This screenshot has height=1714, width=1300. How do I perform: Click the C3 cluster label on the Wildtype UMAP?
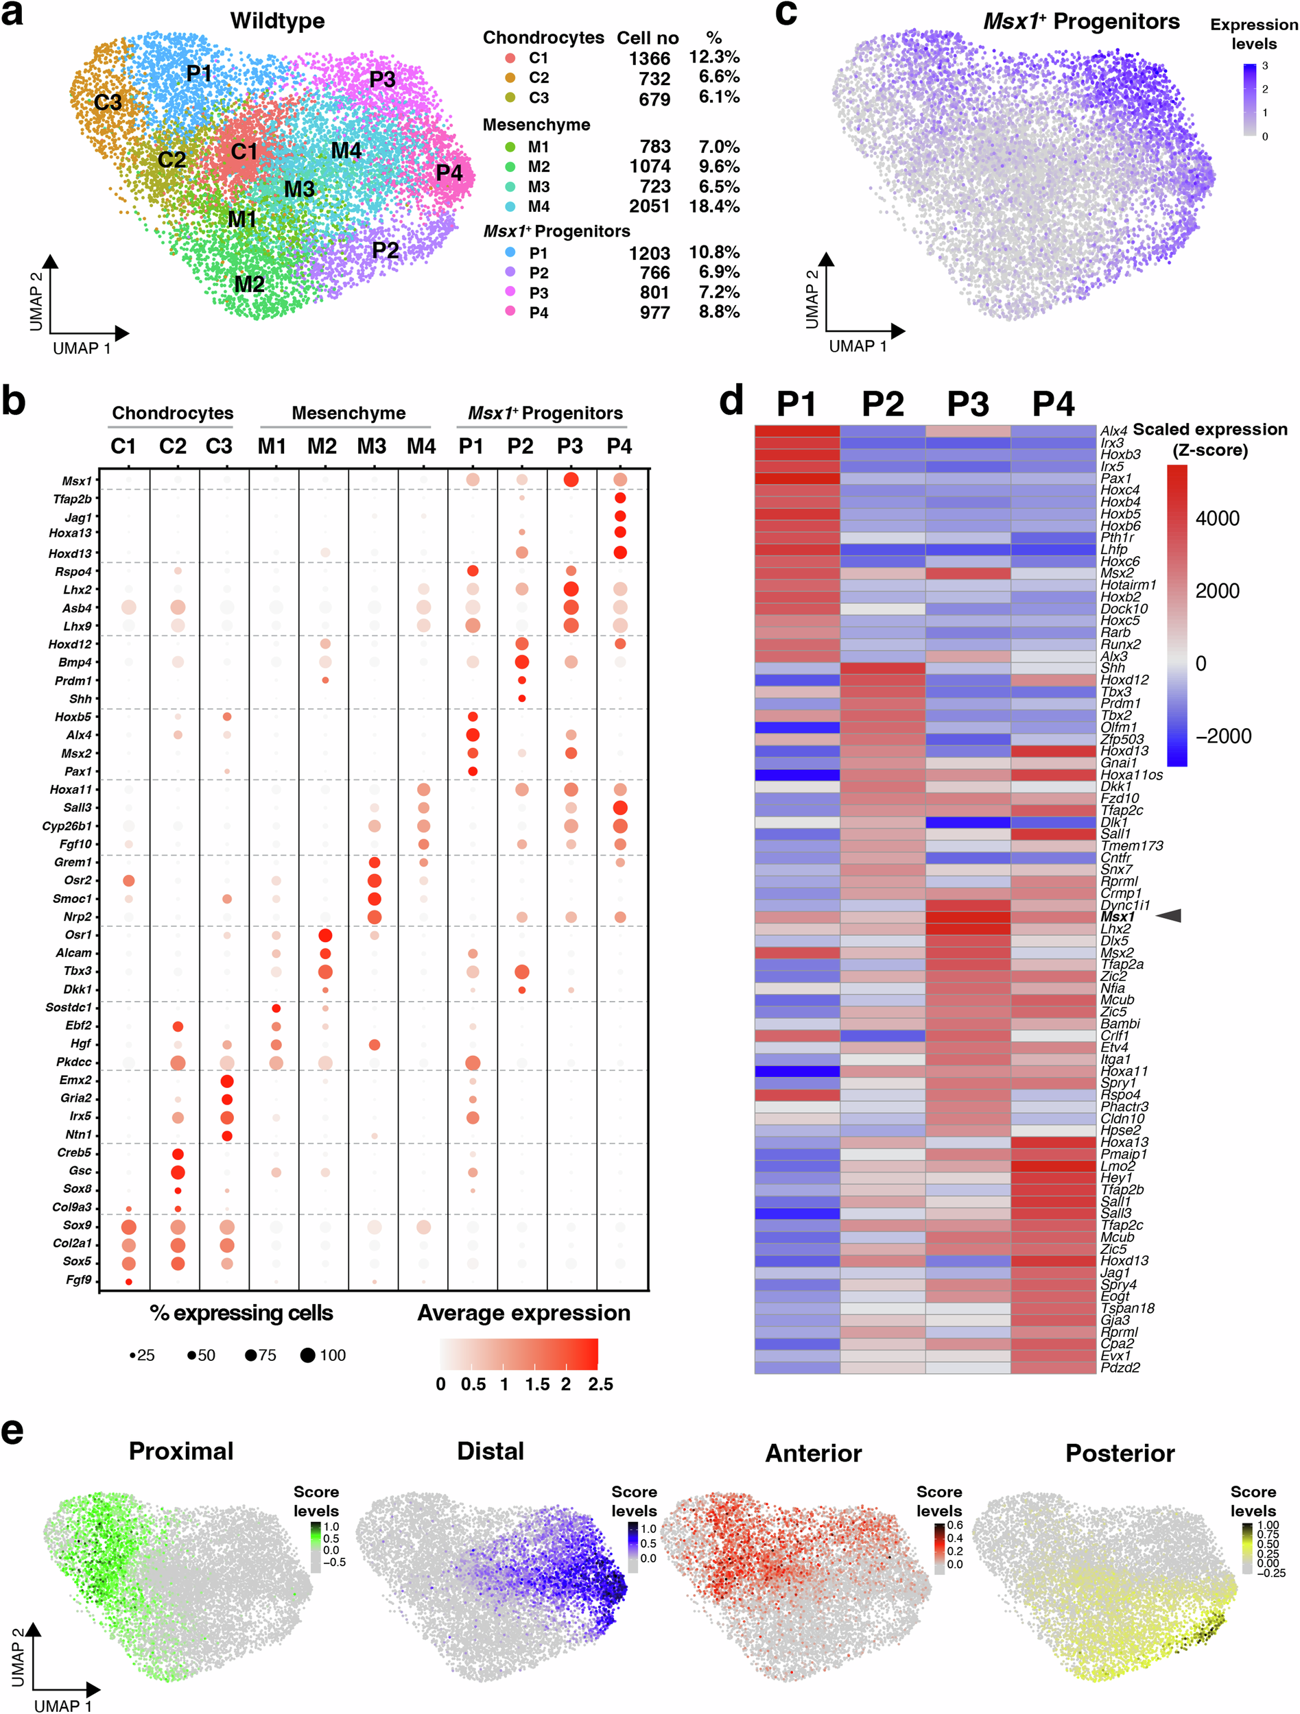[108, 102]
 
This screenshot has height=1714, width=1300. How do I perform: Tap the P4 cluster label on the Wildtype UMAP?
[449, 173]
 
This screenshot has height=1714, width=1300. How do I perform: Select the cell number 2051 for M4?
[650, 206]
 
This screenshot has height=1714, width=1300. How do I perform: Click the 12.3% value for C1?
[714, 58]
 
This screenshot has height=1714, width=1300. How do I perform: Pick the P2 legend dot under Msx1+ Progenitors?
[510, 273]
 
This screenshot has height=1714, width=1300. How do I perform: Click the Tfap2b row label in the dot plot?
[72, 499]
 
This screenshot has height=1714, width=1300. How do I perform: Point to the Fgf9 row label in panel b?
[78, 1280]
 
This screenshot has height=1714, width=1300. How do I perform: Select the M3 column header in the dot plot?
[371, 446]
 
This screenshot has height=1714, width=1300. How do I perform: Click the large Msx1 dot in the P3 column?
[571, 481]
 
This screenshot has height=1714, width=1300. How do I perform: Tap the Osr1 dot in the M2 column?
[324, 935]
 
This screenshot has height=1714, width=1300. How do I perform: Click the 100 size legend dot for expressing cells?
[308, 1355]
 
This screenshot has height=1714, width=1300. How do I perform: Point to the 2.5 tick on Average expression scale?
[600, 1385]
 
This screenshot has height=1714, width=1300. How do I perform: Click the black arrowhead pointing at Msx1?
[1169, 916]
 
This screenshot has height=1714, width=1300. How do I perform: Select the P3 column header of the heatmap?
[968, 404]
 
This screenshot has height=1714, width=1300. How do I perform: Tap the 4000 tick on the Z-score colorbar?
[1217, 518]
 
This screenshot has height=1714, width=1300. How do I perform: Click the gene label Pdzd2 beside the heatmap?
[1120, 1368]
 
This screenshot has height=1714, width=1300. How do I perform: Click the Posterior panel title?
[1120, 1453]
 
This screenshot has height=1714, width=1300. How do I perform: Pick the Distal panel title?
[490, 1451]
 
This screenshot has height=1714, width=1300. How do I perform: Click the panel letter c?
[785, 14]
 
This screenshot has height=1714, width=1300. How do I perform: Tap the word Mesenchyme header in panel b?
[348, 413]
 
